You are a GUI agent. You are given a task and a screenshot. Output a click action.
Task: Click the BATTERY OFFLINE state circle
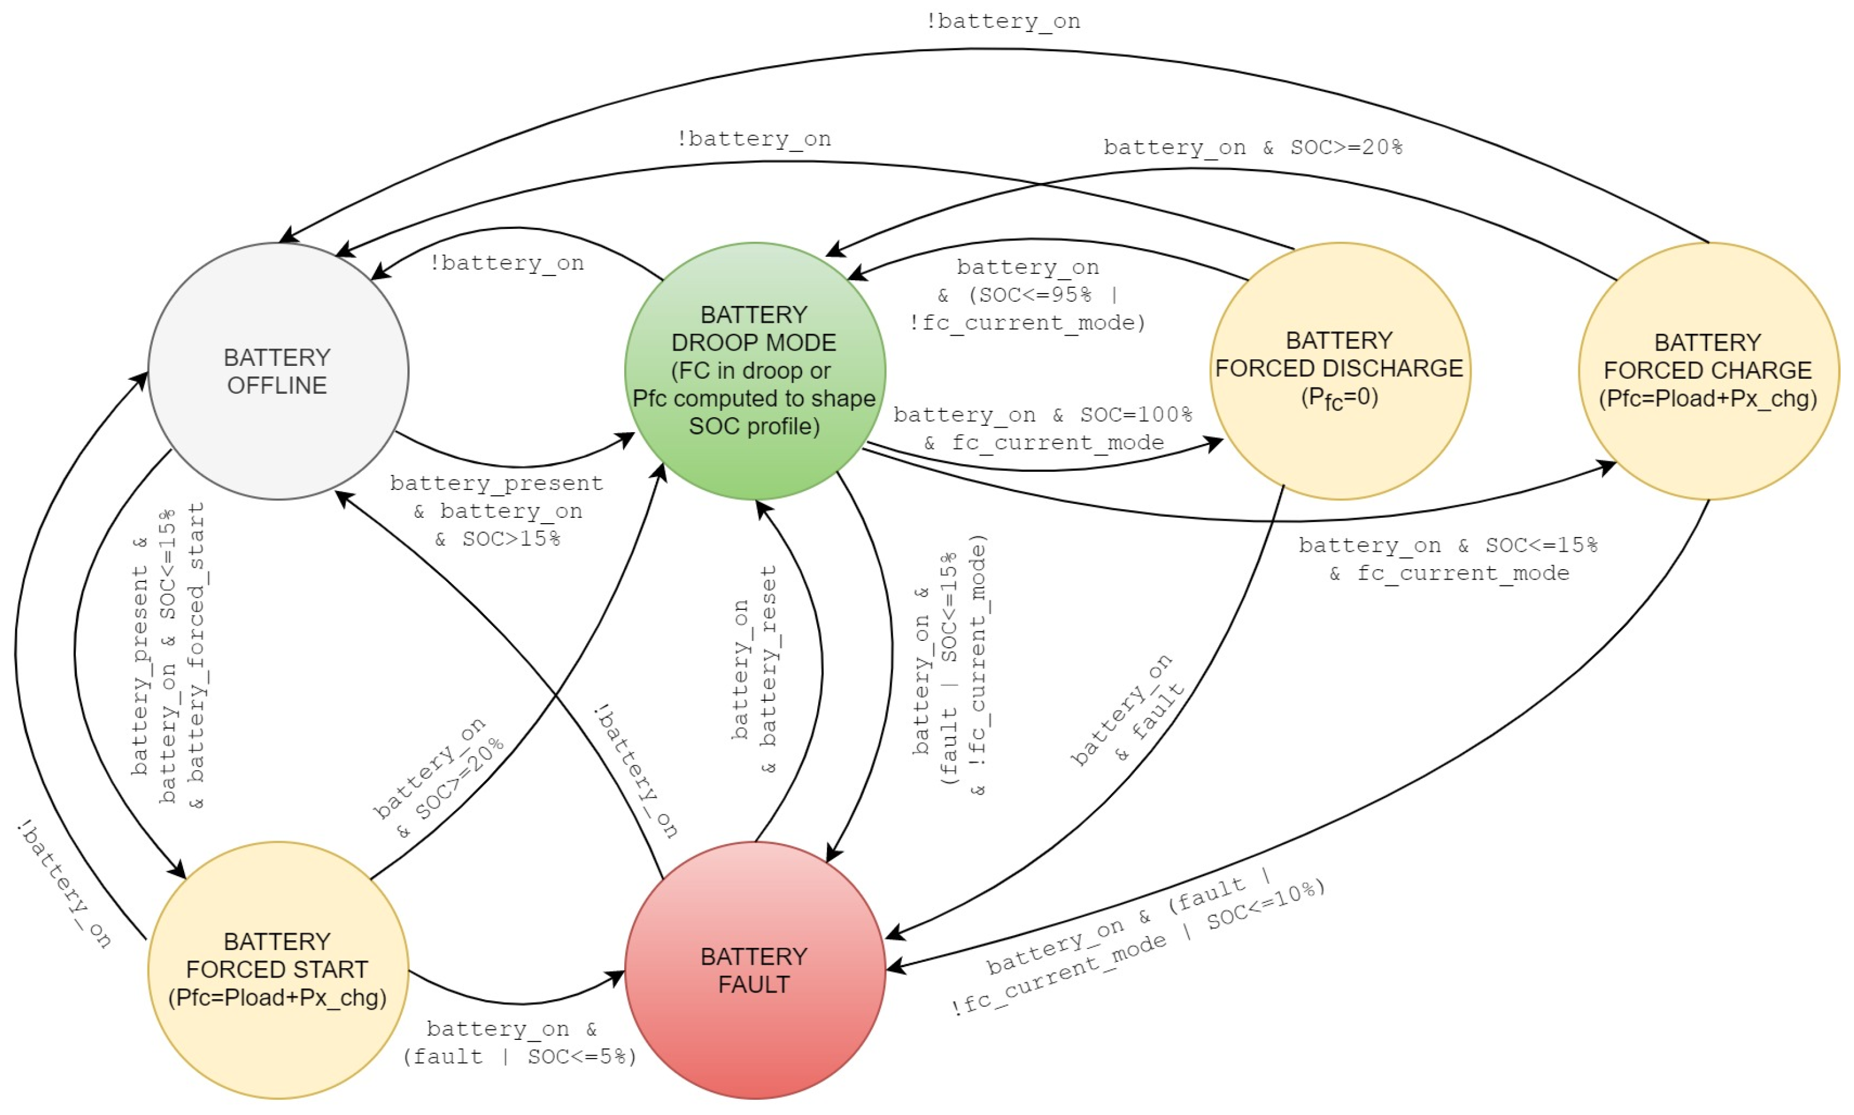click(x=278, y=371)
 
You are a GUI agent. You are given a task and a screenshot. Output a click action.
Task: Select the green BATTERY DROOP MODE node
click(x=755, y=371)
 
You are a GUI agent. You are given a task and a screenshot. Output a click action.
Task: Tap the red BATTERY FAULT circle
click(x=755, y=969)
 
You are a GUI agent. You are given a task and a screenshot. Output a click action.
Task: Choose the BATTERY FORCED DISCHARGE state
click(x=1339, y=371)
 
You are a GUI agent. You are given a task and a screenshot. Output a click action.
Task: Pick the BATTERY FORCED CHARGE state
click(x=1708, y=371)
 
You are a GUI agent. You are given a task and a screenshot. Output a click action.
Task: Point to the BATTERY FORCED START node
click(x=278, y=969)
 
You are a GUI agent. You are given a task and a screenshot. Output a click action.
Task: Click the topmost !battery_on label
click(x=1002, y=21)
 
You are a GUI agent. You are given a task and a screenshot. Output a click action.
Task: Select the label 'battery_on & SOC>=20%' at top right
click(x=1252, y=147)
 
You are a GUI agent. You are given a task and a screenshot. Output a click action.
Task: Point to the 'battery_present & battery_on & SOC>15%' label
click(x=497, y=511)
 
